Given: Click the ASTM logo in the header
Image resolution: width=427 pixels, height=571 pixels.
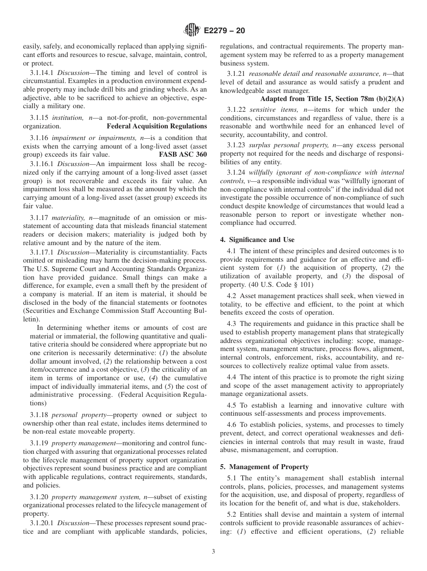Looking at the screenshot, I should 192,31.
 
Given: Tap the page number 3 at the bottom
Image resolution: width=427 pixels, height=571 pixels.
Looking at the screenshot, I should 213,551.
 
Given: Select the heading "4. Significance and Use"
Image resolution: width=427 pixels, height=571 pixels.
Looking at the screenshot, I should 257,240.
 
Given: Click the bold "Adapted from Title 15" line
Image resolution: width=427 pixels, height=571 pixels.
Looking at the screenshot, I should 332,98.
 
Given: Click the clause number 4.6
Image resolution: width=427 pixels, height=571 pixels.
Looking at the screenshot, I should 232,424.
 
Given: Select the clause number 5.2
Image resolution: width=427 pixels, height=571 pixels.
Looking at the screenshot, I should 232,514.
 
